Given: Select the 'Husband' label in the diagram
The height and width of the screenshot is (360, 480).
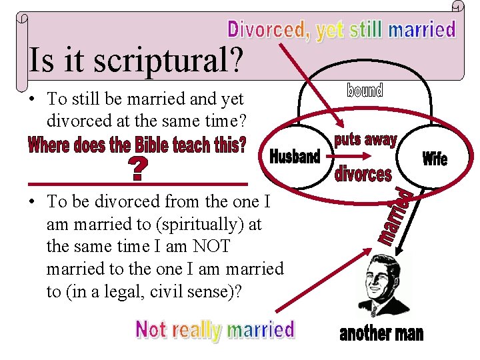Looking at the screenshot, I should pos(295,157).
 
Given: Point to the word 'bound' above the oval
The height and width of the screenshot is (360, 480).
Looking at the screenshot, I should pos(365,91).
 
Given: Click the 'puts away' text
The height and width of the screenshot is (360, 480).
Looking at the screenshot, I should pos(365,139).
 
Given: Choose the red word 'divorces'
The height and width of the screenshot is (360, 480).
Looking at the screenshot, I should pos(363,175).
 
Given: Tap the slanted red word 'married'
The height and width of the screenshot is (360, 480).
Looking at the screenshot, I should pos(397,217).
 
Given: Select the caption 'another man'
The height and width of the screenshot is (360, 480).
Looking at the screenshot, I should pos(381,333).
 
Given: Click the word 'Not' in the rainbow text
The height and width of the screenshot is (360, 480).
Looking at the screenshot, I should pos(151,329).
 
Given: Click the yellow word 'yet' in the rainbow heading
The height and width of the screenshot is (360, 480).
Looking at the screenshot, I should pos(330,30).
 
